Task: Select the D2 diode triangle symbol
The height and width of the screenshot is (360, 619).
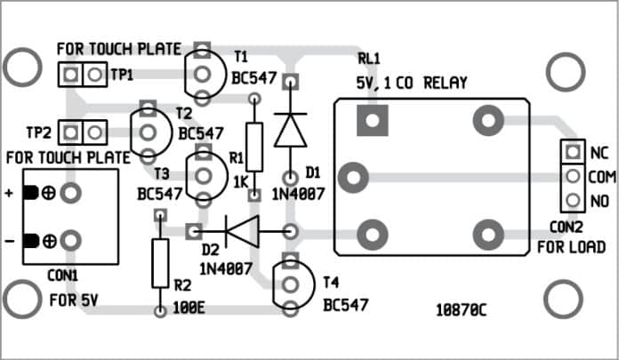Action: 242,233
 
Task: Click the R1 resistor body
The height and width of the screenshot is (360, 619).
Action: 254,147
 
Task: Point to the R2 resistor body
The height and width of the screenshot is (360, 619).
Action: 160,263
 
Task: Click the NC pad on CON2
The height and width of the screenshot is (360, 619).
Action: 573,152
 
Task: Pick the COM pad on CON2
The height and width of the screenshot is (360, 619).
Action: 573,176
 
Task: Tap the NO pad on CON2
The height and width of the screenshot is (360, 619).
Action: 573,201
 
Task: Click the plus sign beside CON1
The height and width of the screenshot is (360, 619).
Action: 11,193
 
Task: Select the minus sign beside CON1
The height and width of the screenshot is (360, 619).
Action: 11,240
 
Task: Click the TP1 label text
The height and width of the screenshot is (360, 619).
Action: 122,76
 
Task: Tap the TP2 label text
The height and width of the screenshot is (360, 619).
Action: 38,133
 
